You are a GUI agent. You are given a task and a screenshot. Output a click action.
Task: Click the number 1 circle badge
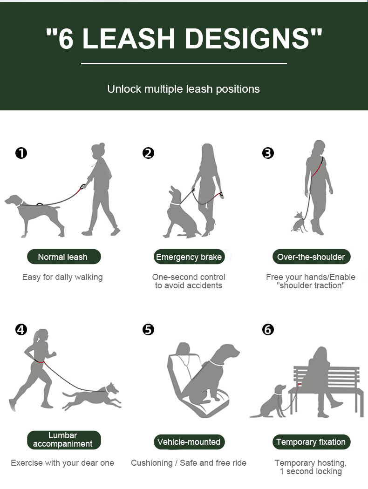point(21,153)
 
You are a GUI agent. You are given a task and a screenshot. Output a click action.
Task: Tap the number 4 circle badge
point(21,330)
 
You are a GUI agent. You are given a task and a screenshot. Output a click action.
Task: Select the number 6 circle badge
point(268,330)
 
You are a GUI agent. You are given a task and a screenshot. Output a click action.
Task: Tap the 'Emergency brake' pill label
point(189,257)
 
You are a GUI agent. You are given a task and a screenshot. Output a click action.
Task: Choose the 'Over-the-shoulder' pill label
point(311,257)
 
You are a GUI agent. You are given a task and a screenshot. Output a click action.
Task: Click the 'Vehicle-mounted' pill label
point(189,442)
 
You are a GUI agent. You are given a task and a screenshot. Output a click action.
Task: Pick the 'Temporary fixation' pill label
point(311,442)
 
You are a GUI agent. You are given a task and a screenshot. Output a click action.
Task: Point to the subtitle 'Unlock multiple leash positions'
point(184,89)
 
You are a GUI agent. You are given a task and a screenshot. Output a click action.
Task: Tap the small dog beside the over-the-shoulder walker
point(300,222)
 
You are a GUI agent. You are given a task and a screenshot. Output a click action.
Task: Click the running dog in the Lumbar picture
point(92,396)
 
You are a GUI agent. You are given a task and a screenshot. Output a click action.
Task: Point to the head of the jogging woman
point(41,336)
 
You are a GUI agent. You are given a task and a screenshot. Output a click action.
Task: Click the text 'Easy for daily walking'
point(62,277)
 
